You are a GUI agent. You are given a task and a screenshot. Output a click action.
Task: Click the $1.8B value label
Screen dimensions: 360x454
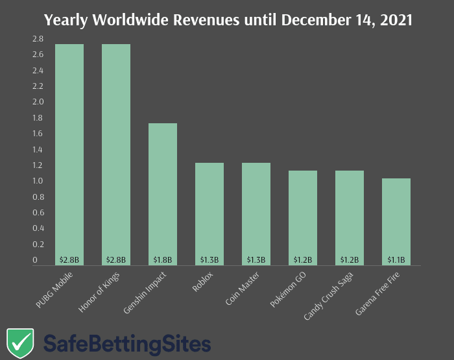pyautogui.click(x=163, y=260)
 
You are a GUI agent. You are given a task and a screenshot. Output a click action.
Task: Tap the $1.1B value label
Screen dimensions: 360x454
pyautogui.click(x=396, y=260)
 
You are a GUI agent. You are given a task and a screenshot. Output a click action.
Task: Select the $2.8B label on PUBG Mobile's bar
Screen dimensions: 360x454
pyautogui.click(x=69, y=260)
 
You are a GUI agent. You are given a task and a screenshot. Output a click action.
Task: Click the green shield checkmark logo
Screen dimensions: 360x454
pyautogui.click(x=20, y=342)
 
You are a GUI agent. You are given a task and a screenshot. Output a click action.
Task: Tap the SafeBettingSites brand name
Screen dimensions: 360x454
pyautogui.click(x=127, y=344)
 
